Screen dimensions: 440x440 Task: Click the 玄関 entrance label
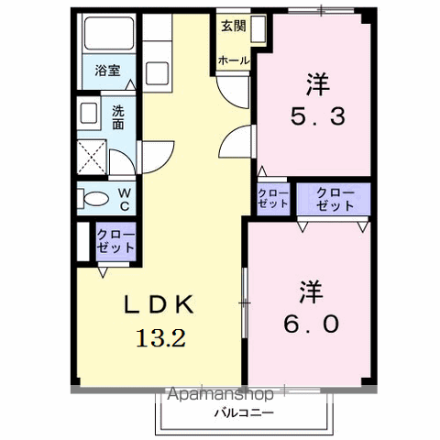234,26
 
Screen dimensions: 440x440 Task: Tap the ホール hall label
234,60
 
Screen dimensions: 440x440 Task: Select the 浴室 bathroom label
107,71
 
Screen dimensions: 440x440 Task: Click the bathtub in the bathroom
109,33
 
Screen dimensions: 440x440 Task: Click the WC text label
124,199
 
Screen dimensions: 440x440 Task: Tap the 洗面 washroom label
118,117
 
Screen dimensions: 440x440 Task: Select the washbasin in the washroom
89,113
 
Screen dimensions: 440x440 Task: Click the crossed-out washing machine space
92,157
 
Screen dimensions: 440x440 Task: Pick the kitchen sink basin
157,73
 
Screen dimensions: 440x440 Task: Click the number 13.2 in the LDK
160,337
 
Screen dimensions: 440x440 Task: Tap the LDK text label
159,304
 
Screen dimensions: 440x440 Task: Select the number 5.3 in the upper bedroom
318,116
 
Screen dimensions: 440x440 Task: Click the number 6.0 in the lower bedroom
312,324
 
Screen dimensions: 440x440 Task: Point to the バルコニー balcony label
244,413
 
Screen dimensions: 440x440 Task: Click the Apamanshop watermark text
220,394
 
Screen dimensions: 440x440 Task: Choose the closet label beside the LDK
115,241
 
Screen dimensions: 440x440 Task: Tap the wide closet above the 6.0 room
334,199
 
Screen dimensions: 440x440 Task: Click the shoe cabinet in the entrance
258,29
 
